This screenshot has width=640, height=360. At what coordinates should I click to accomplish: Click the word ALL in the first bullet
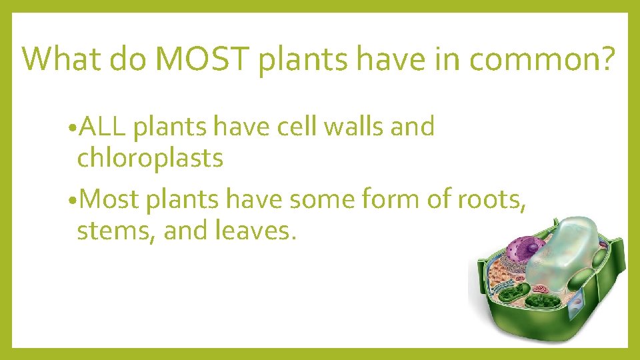tap(103, 126)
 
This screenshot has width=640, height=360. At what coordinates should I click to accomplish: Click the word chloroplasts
tap(150, 158)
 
